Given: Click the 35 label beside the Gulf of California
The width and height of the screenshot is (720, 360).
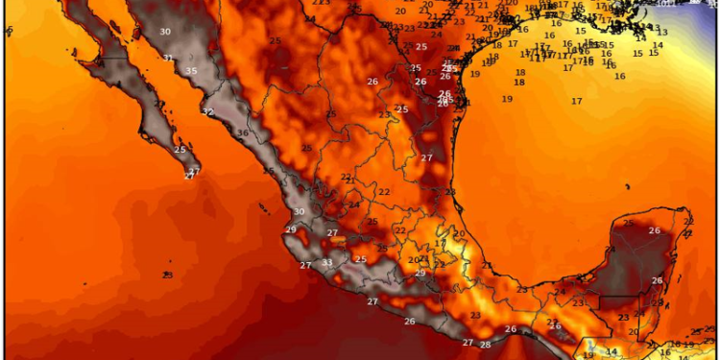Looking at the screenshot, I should pyautogui.click(x=191, y=71).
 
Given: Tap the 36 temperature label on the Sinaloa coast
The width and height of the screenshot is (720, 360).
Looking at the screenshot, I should pyautogui.click(x=243, y=133).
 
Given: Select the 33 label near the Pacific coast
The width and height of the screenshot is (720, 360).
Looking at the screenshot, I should pyautogui.click(x=327, y=262).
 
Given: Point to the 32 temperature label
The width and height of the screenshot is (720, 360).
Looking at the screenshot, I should pyautogui.click(x=207, y=112).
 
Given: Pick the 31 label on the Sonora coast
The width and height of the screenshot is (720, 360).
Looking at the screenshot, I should pyautogui.click(x=168, y=58).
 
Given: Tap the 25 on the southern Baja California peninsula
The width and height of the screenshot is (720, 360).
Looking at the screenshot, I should pyautogui.click(x=180, y=150).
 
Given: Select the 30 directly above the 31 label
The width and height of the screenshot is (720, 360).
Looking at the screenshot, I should pyautogui.click(x=165, y=32).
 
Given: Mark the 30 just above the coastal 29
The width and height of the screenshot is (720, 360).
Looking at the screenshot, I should pyautogui.click(x=300, y=212).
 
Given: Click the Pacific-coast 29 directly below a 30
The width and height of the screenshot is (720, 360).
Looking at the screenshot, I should pyautogui.click(x=291, y=229).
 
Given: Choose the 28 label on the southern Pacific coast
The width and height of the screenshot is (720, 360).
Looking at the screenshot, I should pyautogui.click(x=485, y=345).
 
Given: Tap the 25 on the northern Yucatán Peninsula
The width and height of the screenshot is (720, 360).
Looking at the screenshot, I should pyautogui.click(x=629, y=223).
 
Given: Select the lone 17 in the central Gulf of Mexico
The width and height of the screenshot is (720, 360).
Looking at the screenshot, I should pyautogui.click(x=576, y=101).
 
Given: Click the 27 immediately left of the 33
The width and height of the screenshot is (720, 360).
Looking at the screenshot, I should pyautogui.click(x=305, y=266).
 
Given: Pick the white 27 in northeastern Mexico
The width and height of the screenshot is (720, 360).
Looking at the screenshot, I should pyautogui.click(x=426, y=157).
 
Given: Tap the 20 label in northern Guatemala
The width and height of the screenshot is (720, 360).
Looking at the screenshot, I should pyautogui.click(x=633, y=332).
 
